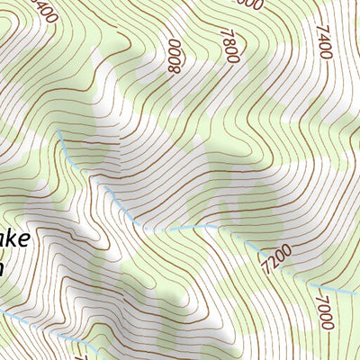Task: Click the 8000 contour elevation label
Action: click(x=173, y=55)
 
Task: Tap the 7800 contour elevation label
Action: click(x=230, y=45)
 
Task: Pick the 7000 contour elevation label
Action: click(x=324, y=319)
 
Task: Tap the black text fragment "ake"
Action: click(x=18, y=241)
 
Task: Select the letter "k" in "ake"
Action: click(x=19, y=240)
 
